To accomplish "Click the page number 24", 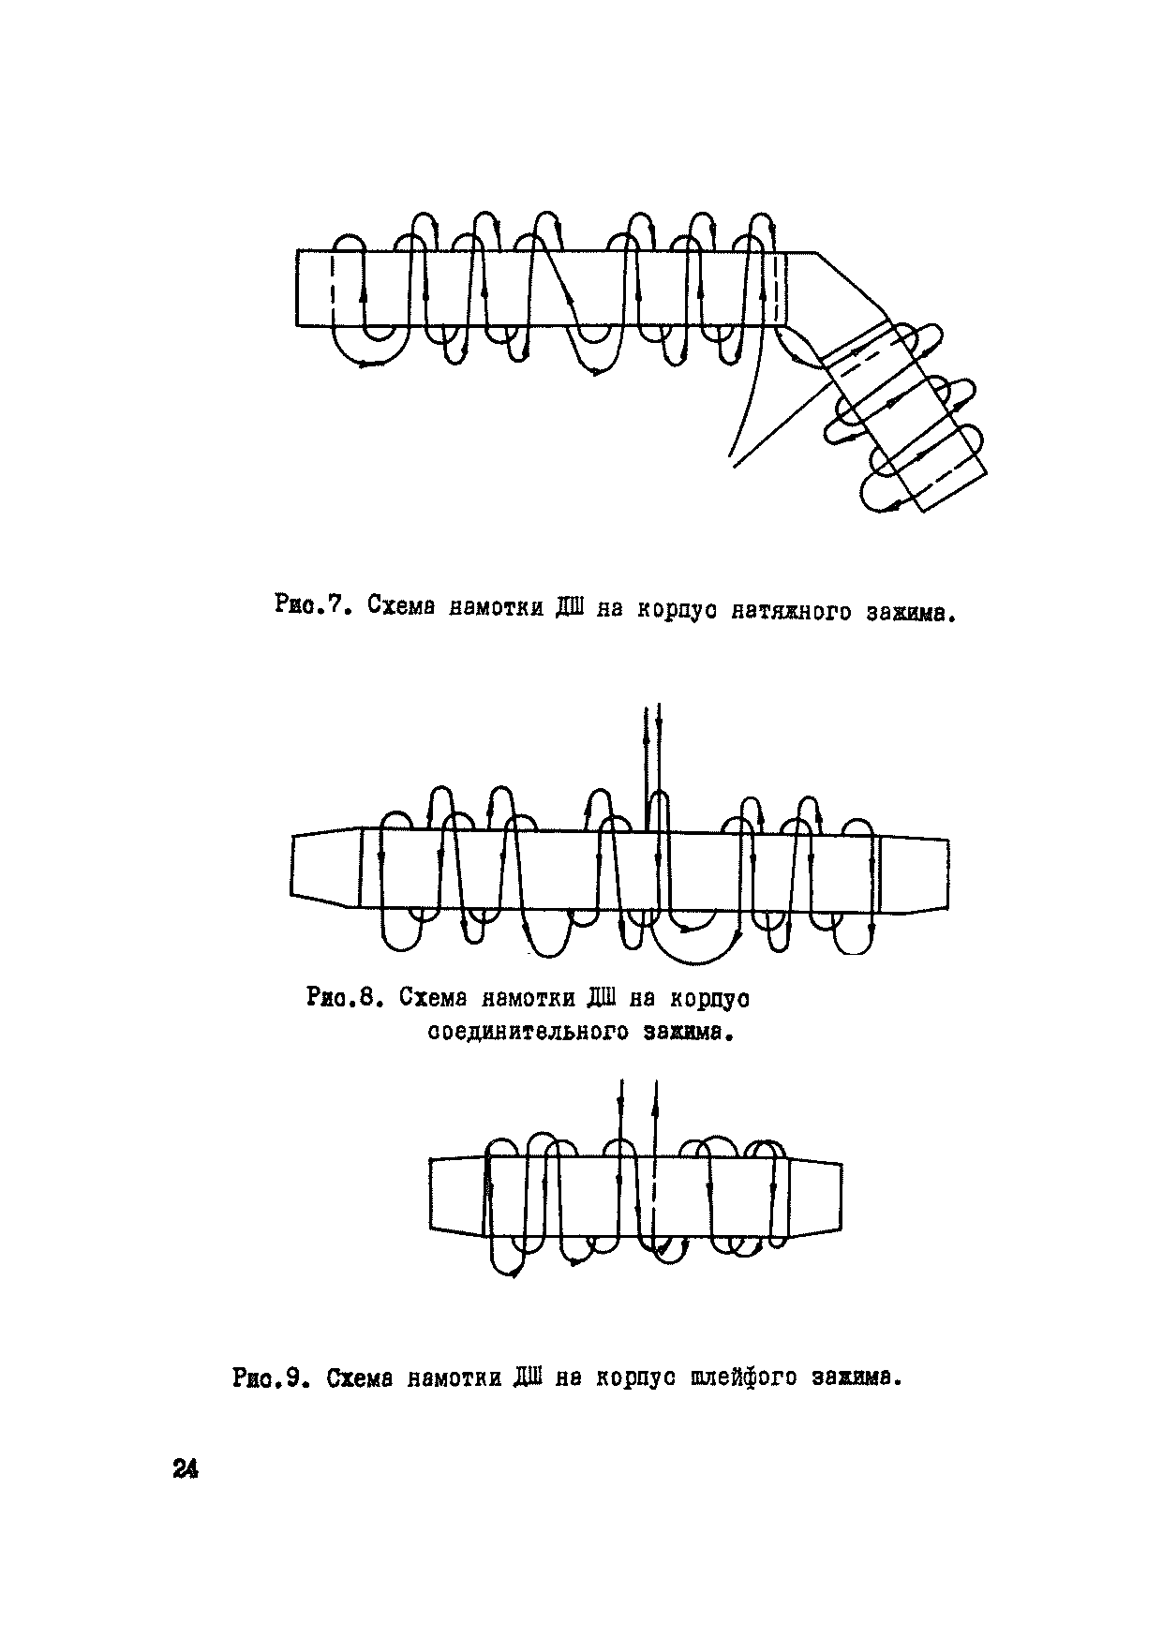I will point(186,1469).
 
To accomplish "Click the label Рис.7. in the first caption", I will point(313,605).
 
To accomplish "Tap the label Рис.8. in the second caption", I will point(344,998).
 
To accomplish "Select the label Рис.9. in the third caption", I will point(270,1378).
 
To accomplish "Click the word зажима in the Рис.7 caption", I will point(909,616).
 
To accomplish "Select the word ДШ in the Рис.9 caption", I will point(529,1378).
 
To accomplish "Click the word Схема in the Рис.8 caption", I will point(430,998).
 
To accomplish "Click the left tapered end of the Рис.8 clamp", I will point(324,868).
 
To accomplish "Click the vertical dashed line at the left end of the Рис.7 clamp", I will point(333,288).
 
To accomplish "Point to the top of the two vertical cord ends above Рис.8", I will point(652,709).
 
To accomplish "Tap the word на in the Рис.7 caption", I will point(609,609).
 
